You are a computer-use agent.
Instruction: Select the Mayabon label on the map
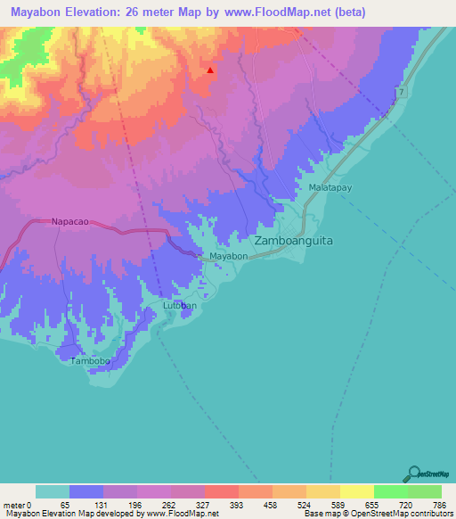click(x=228, y=257)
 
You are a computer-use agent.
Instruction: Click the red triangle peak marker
click(x=210, y=70)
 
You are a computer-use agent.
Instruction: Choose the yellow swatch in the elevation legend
click(x=356, y=491)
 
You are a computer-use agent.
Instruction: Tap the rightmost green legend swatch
click(x=424, y=491)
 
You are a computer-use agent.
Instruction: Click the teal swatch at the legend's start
click(x=53, y=491)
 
